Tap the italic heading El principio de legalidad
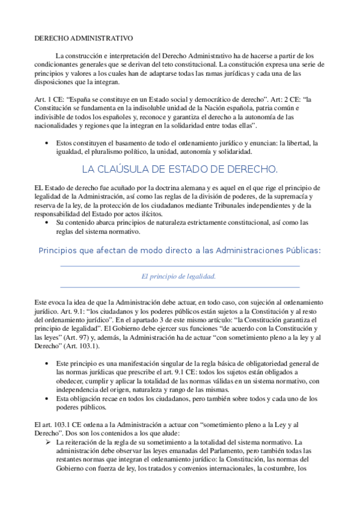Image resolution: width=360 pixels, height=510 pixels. click(178, 276)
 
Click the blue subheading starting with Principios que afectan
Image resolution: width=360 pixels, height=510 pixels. click(180, 250)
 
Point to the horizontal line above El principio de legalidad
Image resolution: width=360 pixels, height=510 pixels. click(180, 265)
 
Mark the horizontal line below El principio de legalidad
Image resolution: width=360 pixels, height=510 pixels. click(180, 287)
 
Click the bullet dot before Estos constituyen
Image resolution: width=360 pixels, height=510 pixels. click(47, 144)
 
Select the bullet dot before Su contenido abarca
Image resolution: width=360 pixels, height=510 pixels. click(47, 223)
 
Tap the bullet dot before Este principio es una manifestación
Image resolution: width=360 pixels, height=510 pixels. click(47, 364)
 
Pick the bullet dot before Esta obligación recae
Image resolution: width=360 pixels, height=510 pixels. click(47, 398)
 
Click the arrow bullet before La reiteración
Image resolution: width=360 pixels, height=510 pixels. click(47, 442)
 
